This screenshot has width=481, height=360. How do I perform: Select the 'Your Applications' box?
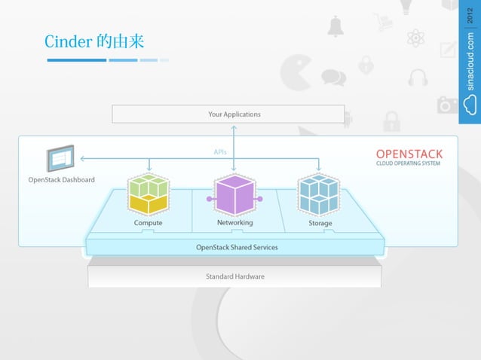pyautogui.click(x=234, y=114)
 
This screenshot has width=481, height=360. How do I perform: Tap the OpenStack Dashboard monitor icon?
pyautogui.click(x=60, y=160)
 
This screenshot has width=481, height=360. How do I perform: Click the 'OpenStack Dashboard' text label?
pyautogui.click(x=62, y=180)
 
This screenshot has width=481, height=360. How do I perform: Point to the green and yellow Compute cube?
pyautogui.click(x=148, y=194)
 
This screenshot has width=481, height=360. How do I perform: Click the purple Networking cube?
pyautogui.click(x=234, y=195)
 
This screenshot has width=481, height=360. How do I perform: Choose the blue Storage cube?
pyautogui.click(x=318, y=194)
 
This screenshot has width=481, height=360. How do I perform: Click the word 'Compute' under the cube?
pyautogui.click(x=148, y=223)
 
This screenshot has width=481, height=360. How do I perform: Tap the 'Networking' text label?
pyautogui.click(x=234, y=223)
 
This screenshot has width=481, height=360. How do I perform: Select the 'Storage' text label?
pyautogui.click(x=320, y=223)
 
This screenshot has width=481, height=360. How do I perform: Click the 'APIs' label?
pyautogui.click(x=220, y=152)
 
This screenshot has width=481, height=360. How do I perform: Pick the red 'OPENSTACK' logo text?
pyautogui.click(x=409, y=154)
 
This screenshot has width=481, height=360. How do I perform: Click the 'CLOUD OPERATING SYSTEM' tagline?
pyautogui.click(x=409, y=163)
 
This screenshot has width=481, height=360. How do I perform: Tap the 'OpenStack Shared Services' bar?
pyautogui.click(x=236, y=246)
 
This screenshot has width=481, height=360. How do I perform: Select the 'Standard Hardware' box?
pyautogui.click(x=235, y=276)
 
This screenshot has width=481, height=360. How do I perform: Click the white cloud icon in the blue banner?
pyautogui.click(x=470, y=105)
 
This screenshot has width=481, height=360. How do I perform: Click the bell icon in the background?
pyautogui.click(x=335, y=26)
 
